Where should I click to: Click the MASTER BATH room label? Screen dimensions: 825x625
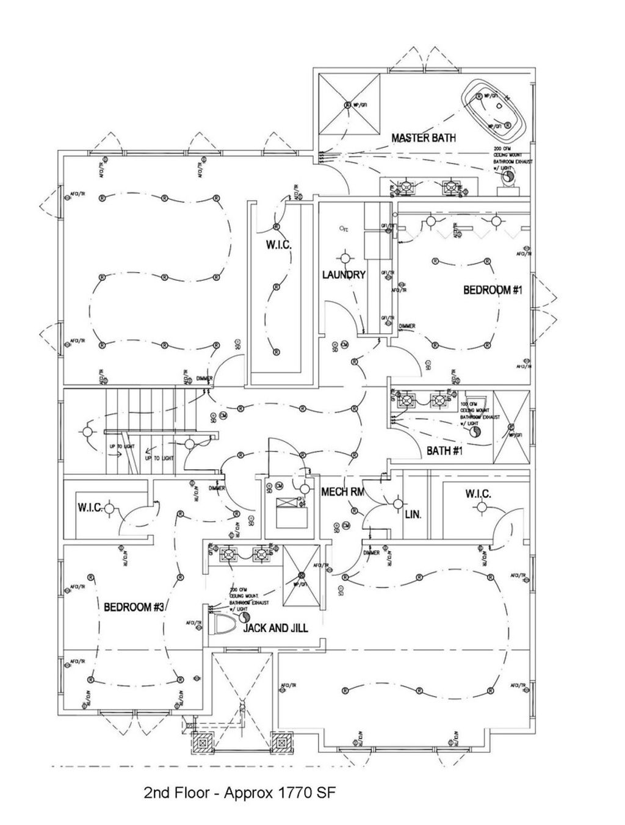(x=423, y=138)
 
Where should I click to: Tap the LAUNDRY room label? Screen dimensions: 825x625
(x=344, y=275)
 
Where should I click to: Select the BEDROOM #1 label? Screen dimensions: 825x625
(x=493, y=290)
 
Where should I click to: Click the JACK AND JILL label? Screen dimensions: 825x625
(x=276, y=628)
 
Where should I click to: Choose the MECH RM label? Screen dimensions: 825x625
(x=343, y=492)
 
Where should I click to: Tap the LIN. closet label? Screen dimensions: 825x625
(x=413, y=514)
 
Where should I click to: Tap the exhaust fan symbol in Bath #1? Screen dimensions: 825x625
(x=475, y=431)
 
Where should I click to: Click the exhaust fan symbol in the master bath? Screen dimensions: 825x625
(x=506, y=177)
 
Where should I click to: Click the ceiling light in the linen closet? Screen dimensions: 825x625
(x=397, y=504)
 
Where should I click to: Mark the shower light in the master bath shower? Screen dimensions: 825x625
(x=348, y=104)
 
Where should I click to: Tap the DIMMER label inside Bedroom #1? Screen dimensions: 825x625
(x=407, y=326)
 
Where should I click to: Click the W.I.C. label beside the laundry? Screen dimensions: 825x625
(x=278, y=245)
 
